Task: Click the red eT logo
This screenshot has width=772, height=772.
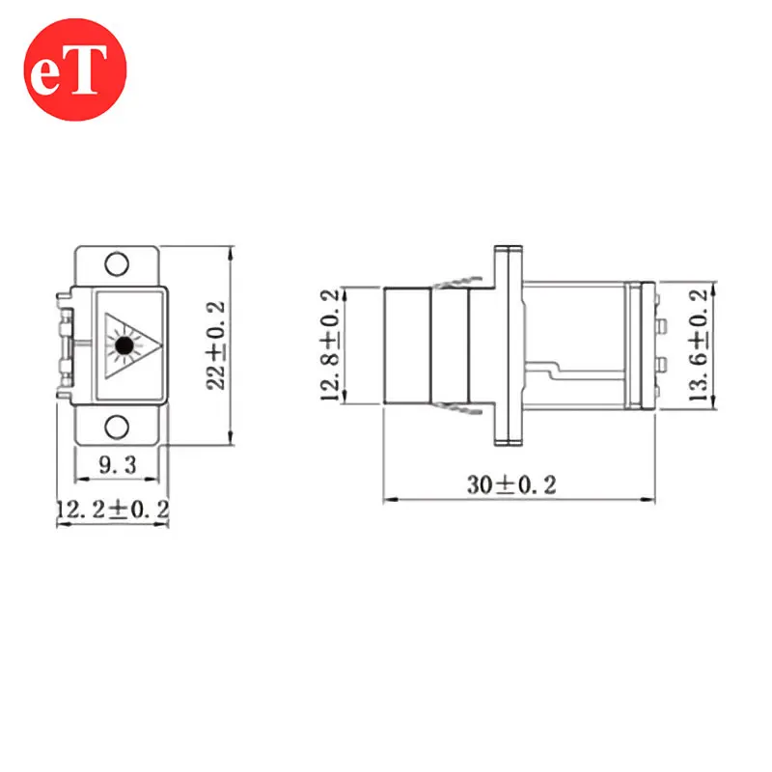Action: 75,69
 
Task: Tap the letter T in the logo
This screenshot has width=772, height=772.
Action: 89,69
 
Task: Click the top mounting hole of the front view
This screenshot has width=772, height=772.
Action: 117,263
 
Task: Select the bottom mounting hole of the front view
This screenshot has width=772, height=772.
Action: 117,427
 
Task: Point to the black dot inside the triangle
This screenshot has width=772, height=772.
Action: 124,345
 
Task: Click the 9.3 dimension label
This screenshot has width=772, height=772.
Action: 117,465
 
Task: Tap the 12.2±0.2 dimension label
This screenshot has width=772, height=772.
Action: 113,510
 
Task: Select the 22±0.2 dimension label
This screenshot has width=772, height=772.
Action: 215,345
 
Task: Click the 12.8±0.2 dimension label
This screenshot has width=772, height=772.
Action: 330,345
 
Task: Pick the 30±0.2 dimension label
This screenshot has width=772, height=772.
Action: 511,485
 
